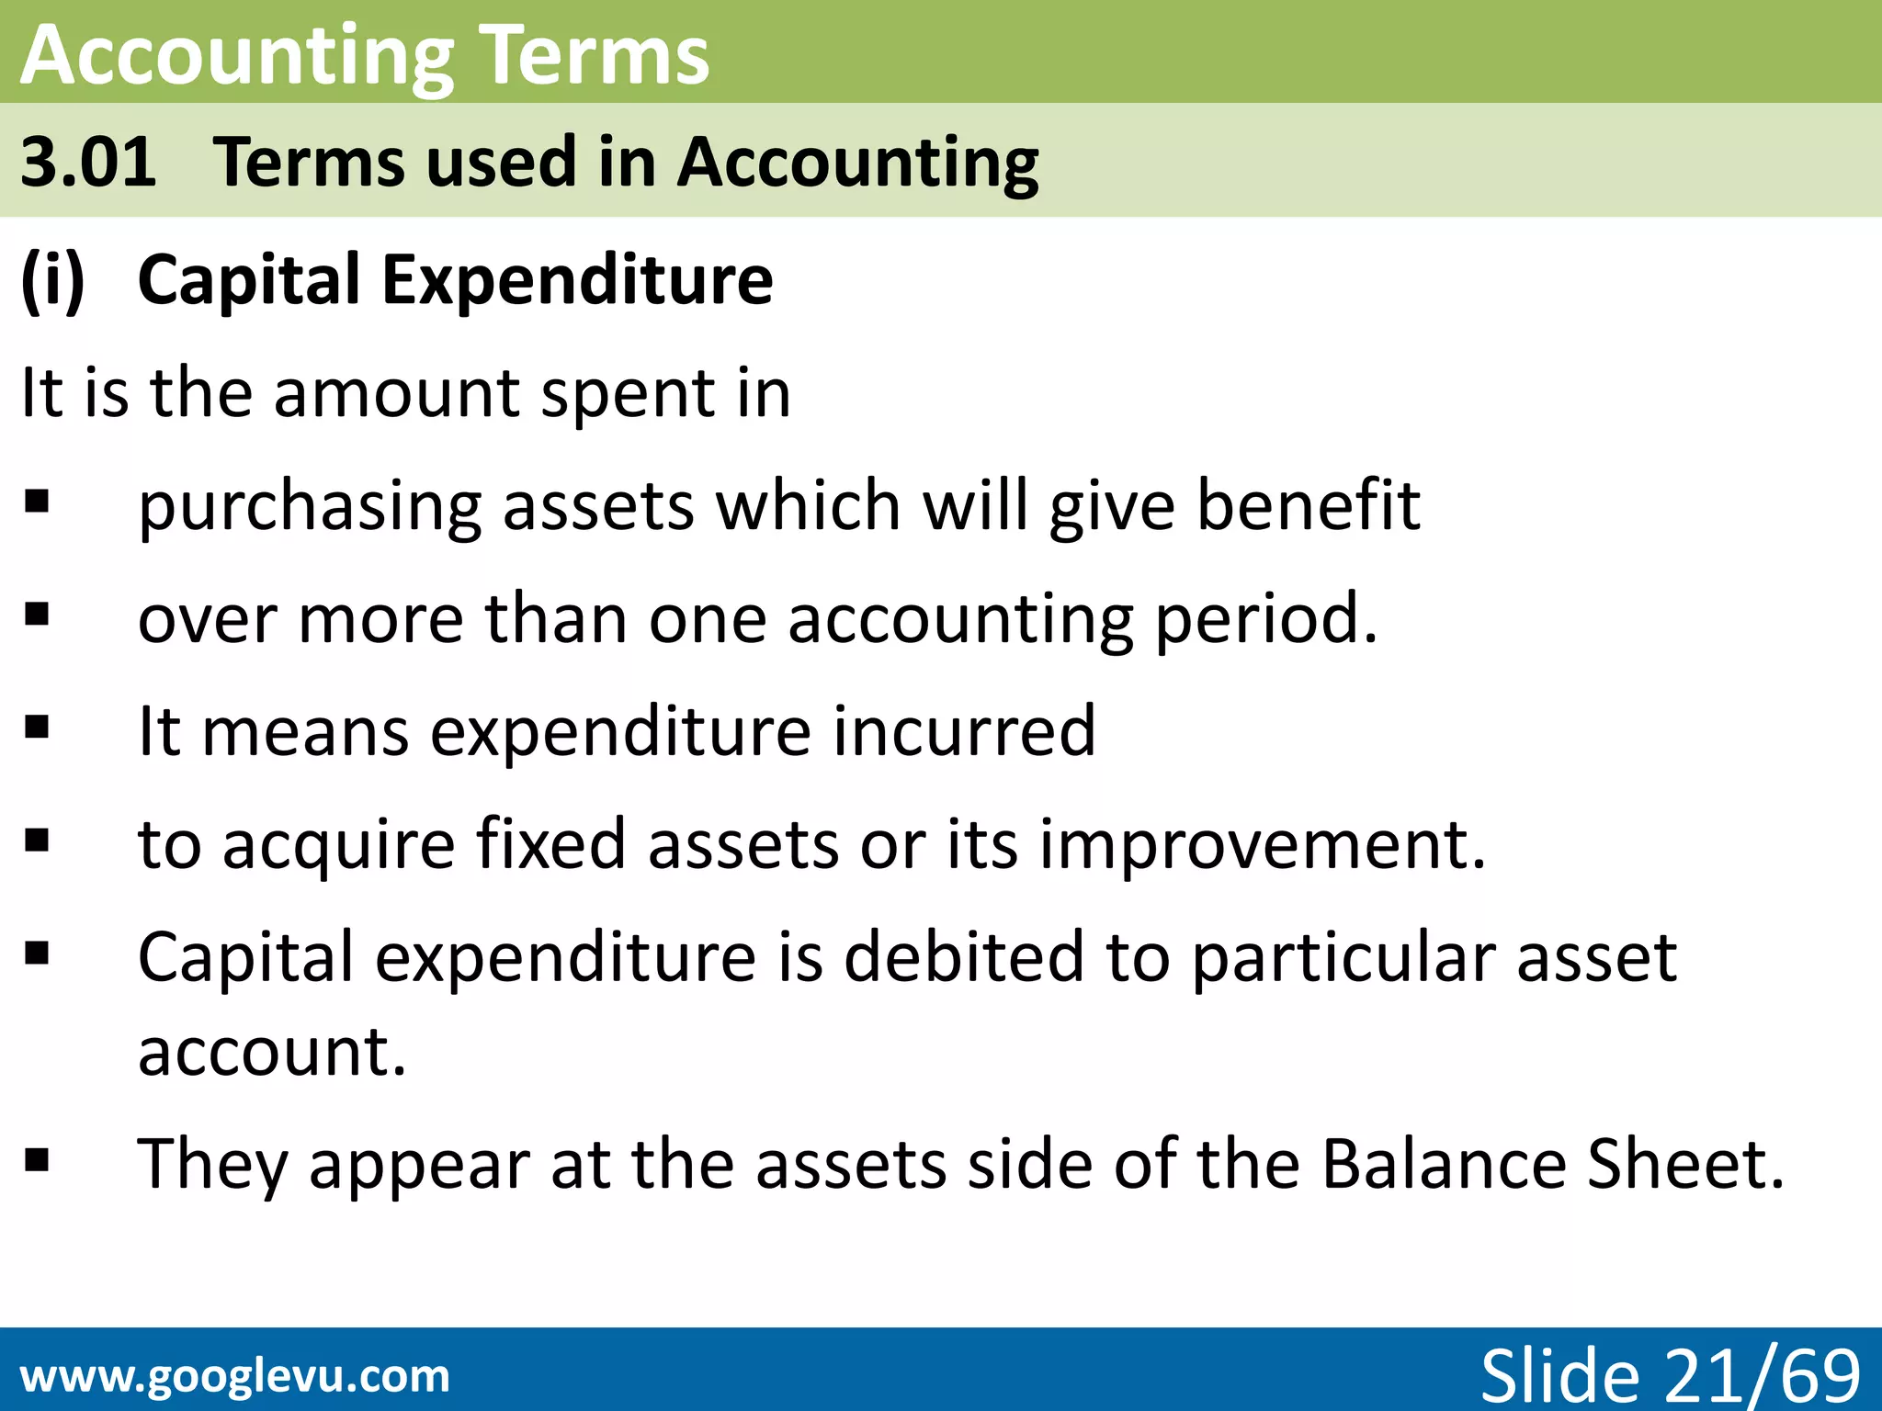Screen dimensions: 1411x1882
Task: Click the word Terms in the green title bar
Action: [x=594, y=55]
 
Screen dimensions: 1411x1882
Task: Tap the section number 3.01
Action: [x=88, y=162]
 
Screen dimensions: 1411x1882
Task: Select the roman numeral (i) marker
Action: [x=52, y=279]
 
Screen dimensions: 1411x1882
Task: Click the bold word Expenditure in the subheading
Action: [x=577, y=279]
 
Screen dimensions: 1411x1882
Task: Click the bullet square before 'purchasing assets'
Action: [x=37, y=502]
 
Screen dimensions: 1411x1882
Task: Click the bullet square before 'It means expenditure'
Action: [x=37, y=728]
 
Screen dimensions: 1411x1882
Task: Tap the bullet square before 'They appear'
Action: [x=37, y=1161]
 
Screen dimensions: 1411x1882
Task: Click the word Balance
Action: [x=1444, y=1164]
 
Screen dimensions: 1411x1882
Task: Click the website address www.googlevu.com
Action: [x=235, y=1376]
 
